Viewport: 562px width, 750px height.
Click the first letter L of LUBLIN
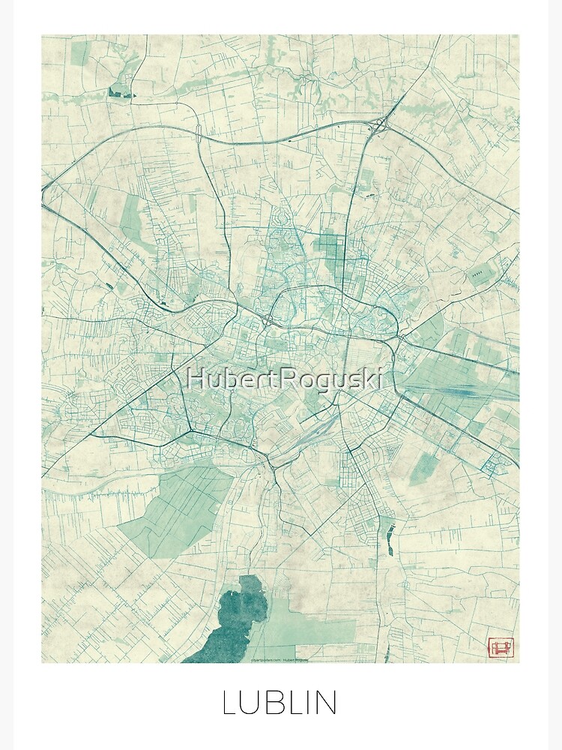229,703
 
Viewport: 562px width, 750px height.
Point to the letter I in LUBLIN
308,703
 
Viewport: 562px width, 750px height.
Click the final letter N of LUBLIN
326,703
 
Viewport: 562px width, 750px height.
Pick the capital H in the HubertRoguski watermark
195,379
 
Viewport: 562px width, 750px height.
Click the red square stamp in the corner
499,646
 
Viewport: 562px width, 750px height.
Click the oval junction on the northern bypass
199,134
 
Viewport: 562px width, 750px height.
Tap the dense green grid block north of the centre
330,247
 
